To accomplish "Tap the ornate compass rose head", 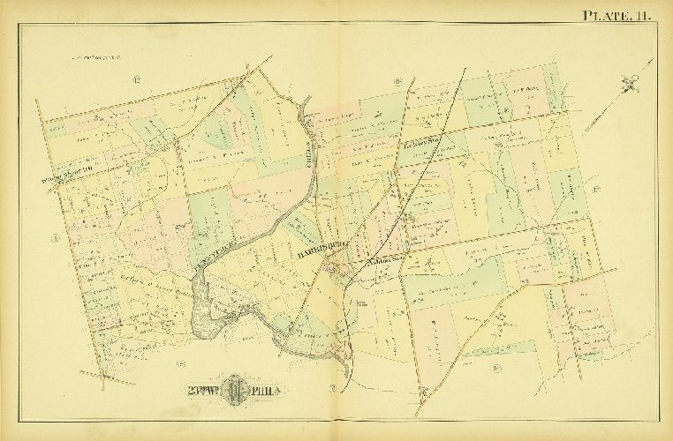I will (628, 85).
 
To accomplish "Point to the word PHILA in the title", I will (267, 390).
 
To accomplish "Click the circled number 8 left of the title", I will (178, 363).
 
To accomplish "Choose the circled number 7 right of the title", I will (332, 389).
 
